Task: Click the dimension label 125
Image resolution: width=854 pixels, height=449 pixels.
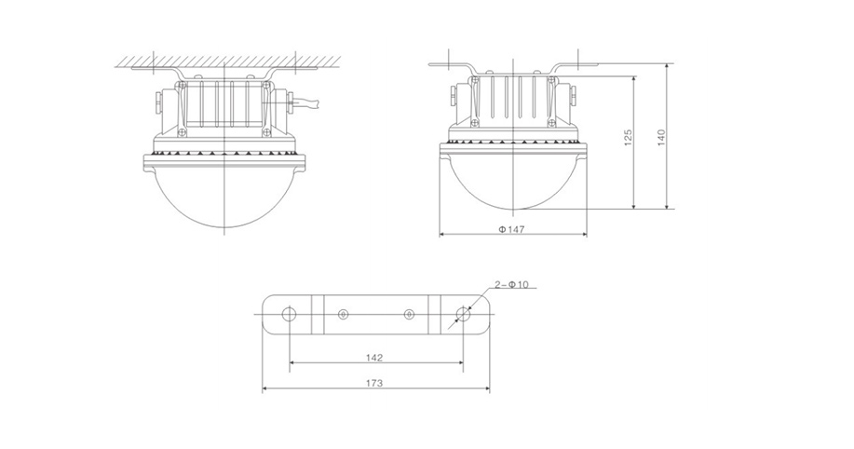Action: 628,138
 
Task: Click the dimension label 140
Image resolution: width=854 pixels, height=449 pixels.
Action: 662,138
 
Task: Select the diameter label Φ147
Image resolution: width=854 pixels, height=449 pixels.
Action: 512,229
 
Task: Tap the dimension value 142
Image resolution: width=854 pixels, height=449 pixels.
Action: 374,358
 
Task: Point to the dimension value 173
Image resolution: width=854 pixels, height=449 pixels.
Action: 374,383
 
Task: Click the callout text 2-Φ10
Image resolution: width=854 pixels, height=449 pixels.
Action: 511,284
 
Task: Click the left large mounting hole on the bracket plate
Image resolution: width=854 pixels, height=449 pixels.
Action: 290,314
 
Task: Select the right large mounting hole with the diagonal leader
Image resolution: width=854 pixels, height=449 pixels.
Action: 463,314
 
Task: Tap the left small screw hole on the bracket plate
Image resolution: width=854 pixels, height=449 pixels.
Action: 343,315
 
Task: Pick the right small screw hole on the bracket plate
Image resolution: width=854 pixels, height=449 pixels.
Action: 410,315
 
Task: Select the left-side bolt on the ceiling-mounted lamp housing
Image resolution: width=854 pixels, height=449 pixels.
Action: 157,102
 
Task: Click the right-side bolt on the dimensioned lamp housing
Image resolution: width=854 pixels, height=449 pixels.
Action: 574,97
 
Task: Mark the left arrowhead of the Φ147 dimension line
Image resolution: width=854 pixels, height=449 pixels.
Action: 442,235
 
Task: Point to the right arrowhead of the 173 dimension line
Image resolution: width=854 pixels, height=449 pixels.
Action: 486,388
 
